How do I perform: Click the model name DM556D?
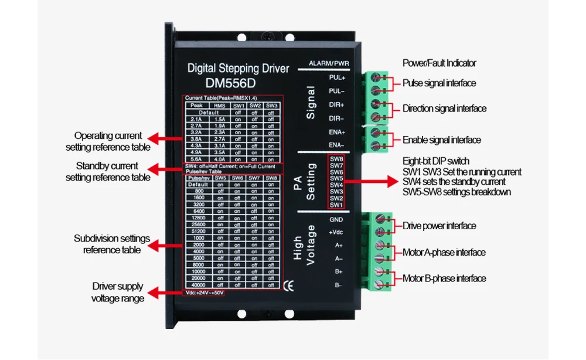click(230, 83)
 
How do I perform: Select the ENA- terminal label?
click(336, 145)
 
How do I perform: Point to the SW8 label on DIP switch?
click(336, 159)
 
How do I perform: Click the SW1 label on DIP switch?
click(336, 205)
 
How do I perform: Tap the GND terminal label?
click(336, 219)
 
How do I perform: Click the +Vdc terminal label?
click(336, 232)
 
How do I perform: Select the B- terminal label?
click(338, 285)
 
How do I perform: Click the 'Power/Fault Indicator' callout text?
click(439, 63)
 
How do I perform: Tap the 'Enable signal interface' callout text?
click(441, 140)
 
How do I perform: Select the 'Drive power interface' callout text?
click(439, 226)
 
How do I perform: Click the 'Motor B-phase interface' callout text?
click(444, 278)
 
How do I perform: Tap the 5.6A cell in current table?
click(196, 158)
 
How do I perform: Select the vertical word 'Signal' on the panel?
click(311, 103)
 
